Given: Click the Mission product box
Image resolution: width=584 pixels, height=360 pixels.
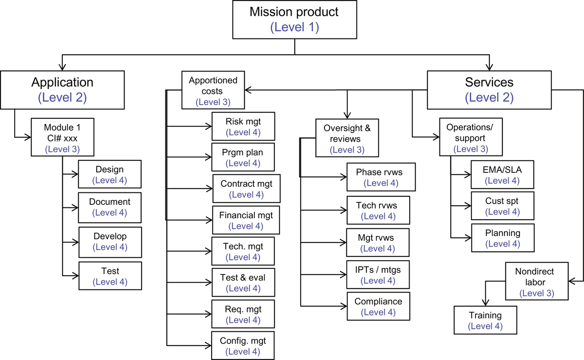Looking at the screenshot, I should point(295,19).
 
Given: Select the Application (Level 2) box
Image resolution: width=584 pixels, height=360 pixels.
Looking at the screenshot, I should point(62,89).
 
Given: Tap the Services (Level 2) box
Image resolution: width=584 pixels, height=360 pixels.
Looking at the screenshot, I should point(490,89).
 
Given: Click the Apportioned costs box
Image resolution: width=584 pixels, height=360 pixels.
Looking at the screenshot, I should point(213,91).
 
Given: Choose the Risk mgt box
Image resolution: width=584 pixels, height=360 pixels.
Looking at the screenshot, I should point(243,126).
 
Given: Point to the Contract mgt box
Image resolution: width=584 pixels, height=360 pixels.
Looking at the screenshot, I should point(246,189).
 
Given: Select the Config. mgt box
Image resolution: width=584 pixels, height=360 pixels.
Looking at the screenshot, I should point(243,345).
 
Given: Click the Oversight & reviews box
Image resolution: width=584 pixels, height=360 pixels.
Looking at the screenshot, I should point(347,138).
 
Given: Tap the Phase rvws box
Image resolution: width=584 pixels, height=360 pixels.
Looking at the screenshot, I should point(381,177).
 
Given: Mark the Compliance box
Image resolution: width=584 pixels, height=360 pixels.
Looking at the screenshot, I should point(378,306).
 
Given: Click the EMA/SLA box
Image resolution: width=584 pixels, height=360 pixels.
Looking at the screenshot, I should point(502,174).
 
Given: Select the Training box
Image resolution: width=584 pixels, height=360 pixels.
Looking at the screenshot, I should point(485,320).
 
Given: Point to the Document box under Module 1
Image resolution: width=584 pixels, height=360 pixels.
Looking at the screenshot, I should point(109,207).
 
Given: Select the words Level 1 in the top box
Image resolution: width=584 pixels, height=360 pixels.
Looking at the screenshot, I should point(295,27).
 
